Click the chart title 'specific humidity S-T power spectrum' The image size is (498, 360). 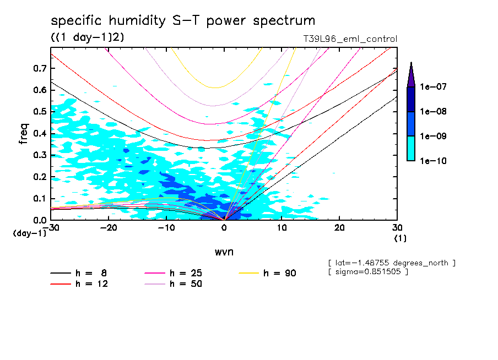pos(183,21)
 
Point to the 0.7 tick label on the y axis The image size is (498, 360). pos(40,68)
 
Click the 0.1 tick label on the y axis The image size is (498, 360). pos(40,199)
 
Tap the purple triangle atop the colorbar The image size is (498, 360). pos(411,74)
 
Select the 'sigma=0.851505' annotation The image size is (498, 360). pos(367,272)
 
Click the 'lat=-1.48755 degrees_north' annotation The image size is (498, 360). pos(391,263)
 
